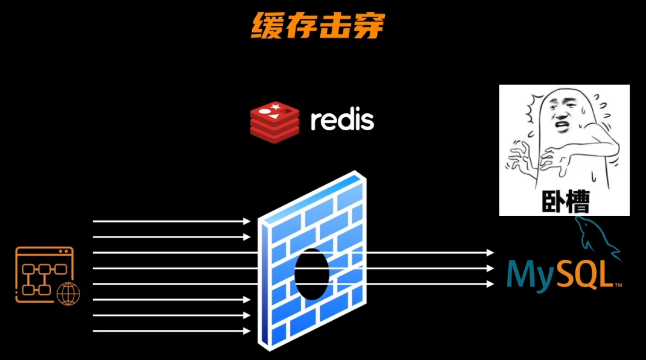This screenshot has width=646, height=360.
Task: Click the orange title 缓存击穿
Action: click(x=317, y=25)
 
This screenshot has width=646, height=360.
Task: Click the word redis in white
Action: click(x=342, y=120)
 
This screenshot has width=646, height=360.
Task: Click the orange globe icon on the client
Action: click(x=68, y=293)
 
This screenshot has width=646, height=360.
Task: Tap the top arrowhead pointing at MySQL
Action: click(x=490, y=253)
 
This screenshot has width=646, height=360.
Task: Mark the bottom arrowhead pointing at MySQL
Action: click(x=490, y=283)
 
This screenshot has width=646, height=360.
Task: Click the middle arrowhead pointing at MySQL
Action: click(x=490, y=268)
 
